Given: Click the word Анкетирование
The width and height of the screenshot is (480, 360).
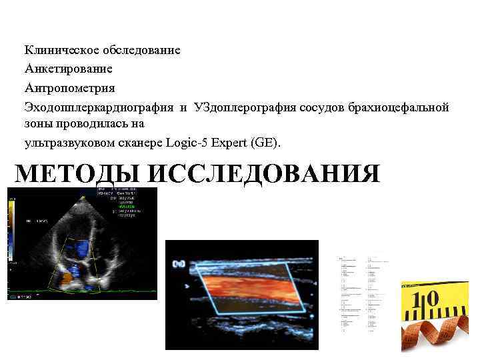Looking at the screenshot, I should coord(69,69).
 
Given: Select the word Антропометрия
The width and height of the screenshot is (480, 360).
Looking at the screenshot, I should coord(70,88).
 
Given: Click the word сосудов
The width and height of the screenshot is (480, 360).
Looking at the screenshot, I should coord(319,107).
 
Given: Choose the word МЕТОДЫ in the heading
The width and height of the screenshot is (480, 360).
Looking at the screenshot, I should coord(77,174).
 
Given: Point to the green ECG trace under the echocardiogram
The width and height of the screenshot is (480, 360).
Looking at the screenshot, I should coord(80,294).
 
